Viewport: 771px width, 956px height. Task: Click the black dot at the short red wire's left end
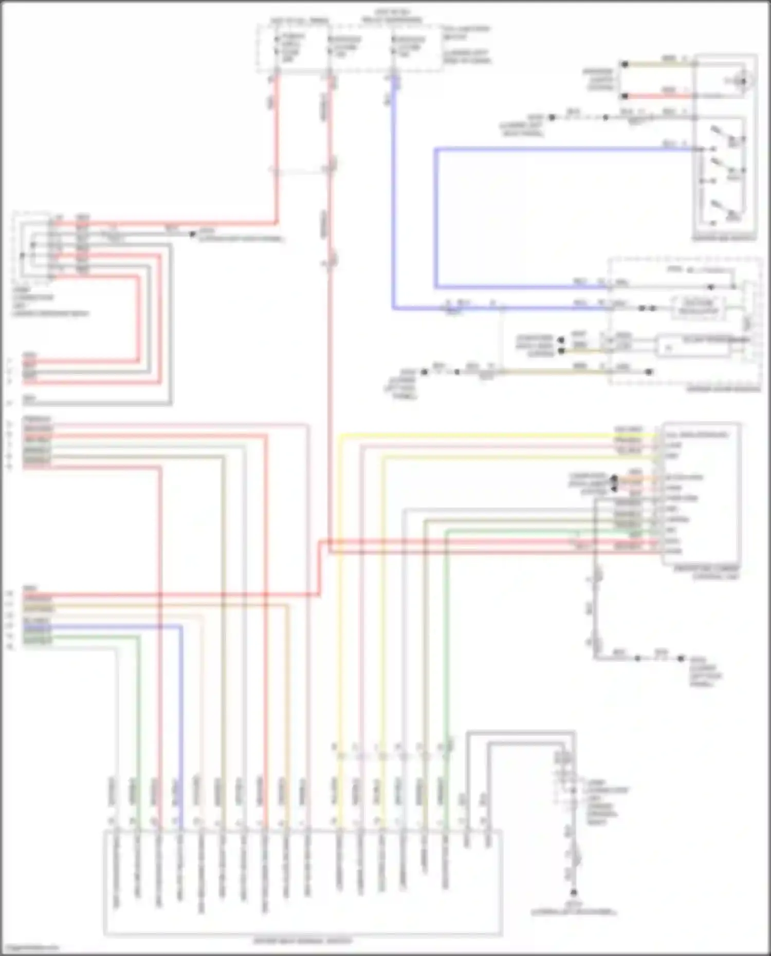pyautogui.click(x=625, y=96)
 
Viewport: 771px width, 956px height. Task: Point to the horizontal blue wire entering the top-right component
pyautogui.click(x=565, y=149)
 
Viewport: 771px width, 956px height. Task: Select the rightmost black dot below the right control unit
pyautogui.click(x=682, y=658)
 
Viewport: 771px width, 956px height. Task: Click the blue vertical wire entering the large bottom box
pyautogui.click(x=181, y=719)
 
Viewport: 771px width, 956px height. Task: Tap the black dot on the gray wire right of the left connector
pyautogui.click(x=192, y=234)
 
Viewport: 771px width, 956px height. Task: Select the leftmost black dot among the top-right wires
pyautogui.click(x=552, y=118)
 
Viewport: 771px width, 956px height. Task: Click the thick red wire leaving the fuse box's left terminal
pyautogui.click(x=277, y=149)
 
